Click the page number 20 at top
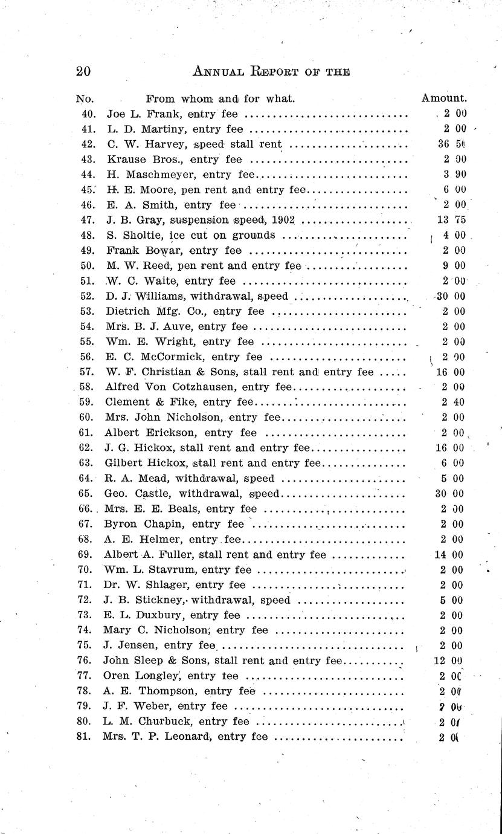(83, 71)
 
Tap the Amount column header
(443, 98)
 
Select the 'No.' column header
(85, 98)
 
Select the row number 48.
(85, 235)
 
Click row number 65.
(85, 494)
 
